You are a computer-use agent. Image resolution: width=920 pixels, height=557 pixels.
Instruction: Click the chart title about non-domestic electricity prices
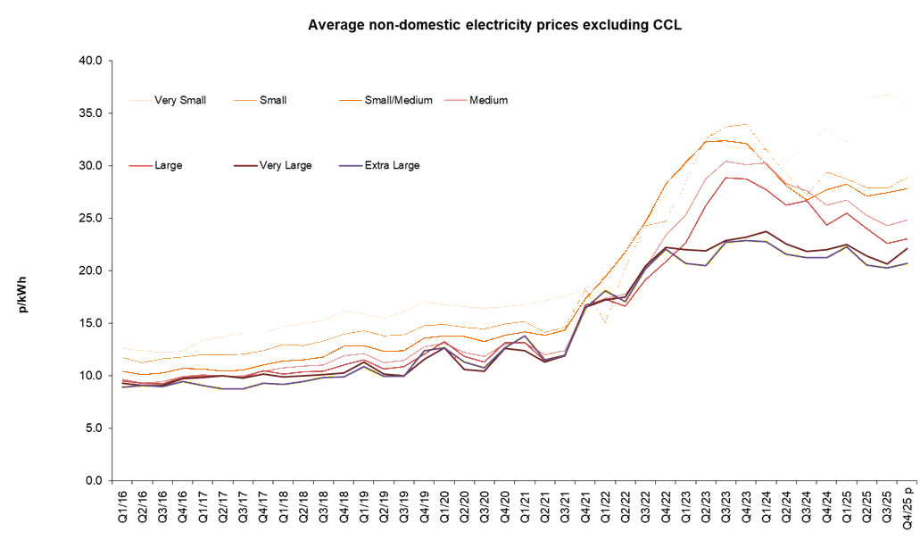494,25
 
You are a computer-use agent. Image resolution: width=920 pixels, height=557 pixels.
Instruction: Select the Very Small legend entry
179,100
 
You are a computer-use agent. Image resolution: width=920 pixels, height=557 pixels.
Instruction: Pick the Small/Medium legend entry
398,100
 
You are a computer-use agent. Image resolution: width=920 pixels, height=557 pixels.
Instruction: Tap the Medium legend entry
487,100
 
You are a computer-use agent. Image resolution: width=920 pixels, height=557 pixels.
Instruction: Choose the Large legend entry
168,165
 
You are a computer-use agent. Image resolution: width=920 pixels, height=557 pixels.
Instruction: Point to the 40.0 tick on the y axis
91,61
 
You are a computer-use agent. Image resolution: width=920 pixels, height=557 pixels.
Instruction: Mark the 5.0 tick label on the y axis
94,428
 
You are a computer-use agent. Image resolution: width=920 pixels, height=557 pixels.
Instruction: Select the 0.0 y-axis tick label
94,480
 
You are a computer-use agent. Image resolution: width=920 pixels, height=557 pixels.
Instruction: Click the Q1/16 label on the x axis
122,504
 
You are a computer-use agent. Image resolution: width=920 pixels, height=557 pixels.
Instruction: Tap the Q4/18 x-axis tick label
344,504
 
